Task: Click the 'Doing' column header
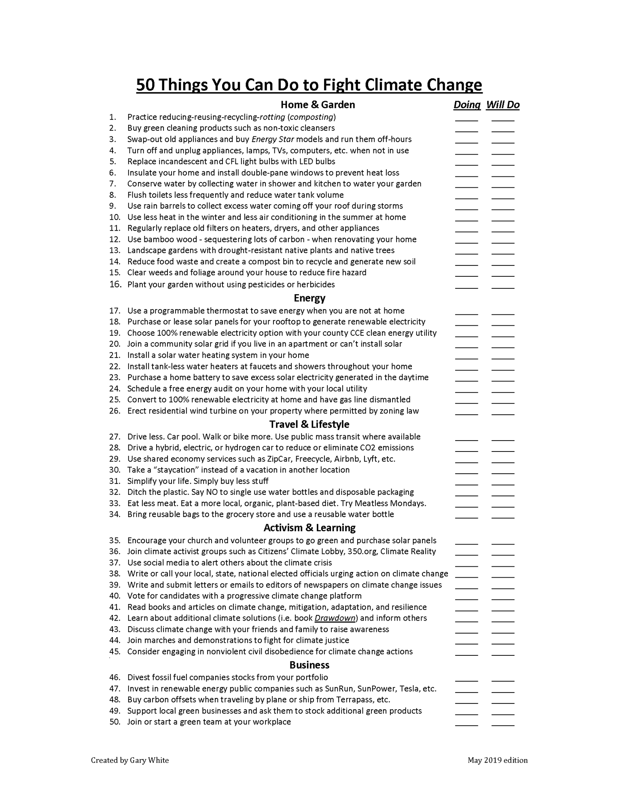pos(467,105)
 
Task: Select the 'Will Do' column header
pos(503,105)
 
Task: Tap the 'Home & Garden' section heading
pos(318,105)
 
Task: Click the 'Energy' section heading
pos(309,298)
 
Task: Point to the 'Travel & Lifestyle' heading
pos(309,424)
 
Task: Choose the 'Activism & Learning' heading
pos(309,528)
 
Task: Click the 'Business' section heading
pos(309,665)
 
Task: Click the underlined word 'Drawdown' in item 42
pos(335,618)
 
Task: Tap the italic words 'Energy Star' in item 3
pos(273,140)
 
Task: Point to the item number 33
pos(115,504)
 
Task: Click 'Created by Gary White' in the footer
pos(130,760)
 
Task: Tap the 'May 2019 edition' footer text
pos(498,760)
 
